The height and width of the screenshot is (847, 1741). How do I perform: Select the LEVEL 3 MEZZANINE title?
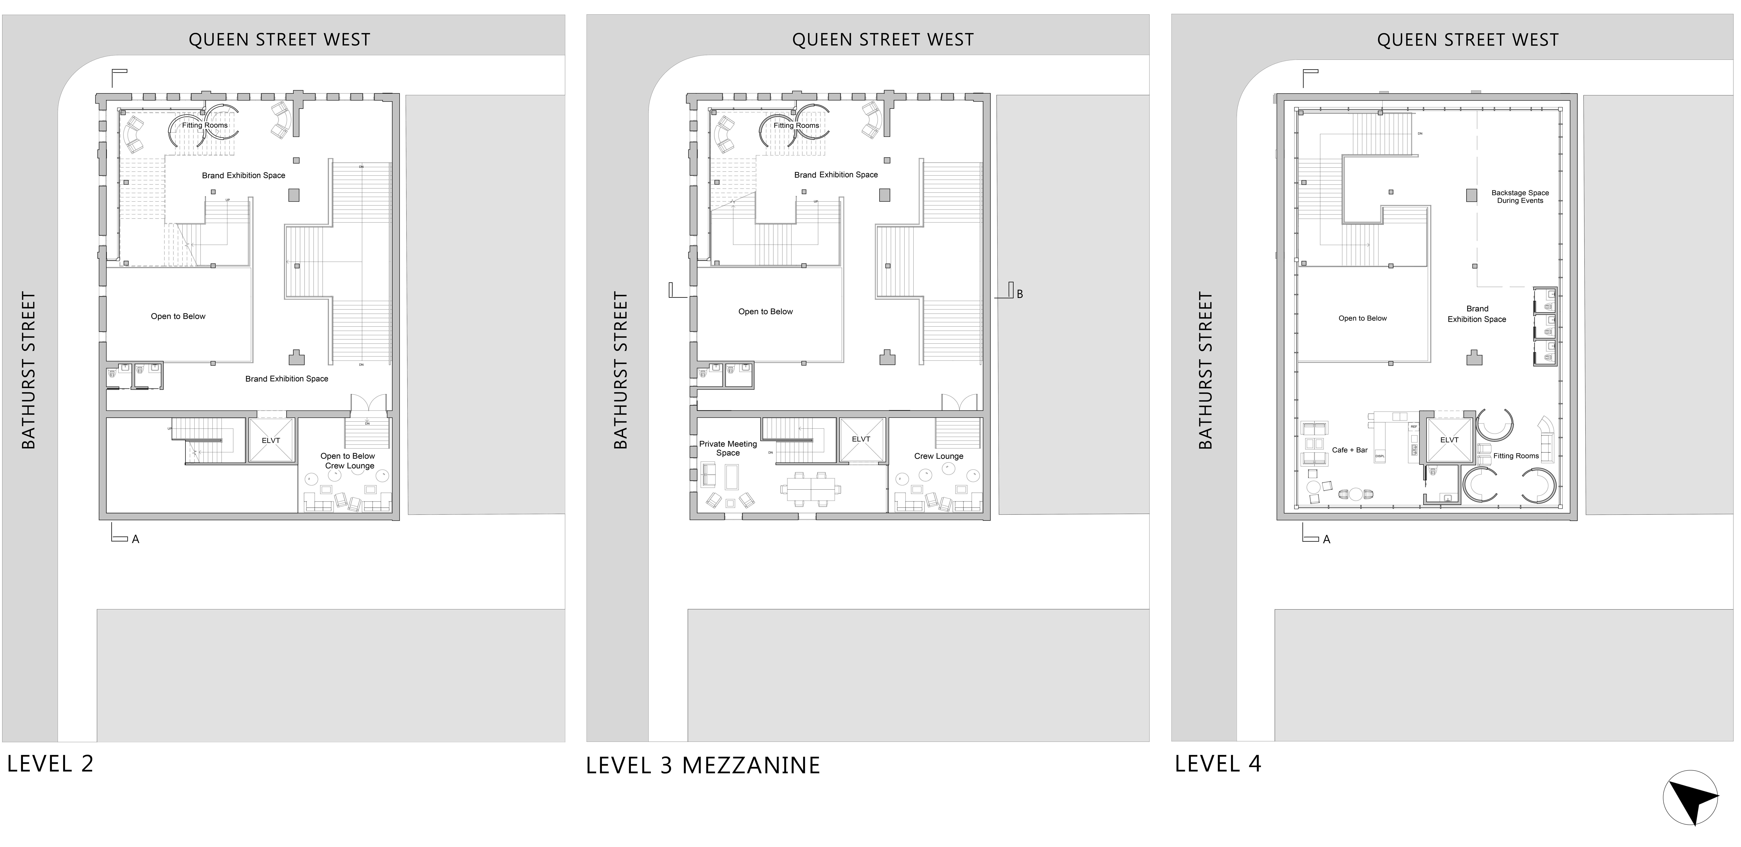pyautogui.click(x=703, y=765)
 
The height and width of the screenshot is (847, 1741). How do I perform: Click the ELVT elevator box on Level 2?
pyautogui.click(x=271, y=440)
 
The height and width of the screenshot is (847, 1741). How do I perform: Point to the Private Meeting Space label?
pyautogui.click(x=728, y=448)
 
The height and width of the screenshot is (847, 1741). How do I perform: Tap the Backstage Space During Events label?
pyautogui.click(x=1520, y=197)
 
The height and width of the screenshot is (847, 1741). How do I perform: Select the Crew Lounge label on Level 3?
pyautogui.click(x=939, y=456)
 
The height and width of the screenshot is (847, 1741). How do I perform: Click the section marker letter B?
pyautogui.click(x=1020, y=294)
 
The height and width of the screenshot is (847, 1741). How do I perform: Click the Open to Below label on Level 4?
pyautogui.click(x=1363, y=318)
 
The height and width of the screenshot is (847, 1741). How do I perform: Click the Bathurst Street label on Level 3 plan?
pyautogui.click(x=620, y=370)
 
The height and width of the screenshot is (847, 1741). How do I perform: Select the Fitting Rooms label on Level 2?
pyautogui.click(x=205, y=125)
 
